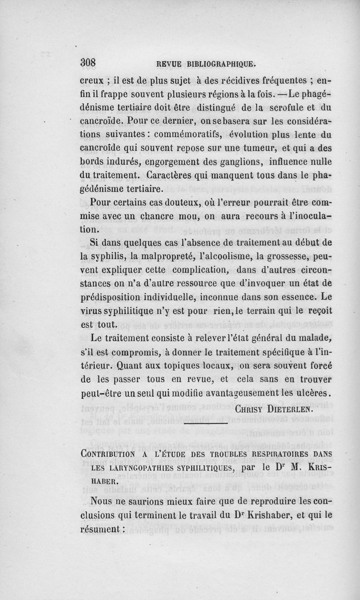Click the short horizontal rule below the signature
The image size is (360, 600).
[x=206, y=424]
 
